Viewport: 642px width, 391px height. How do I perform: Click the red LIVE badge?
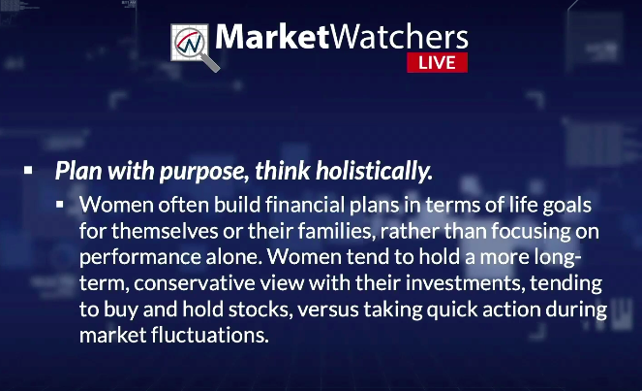point(437,62)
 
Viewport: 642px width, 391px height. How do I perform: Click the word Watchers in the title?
point(399,37)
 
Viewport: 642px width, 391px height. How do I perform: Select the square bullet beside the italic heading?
point(28,170)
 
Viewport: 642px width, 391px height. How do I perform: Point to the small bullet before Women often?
point(60,204)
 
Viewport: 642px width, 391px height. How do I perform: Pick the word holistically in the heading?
point(374,171)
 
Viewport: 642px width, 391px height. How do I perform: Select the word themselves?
point(165,231)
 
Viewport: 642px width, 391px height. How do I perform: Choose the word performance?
point(140,258)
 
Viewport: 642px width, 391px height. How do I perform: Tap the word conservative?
point(195,283)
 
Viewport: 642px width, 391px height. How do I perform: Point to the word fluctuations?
point(209,335)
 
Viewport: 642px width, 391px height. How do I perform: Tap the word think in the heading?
point(282,171)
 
